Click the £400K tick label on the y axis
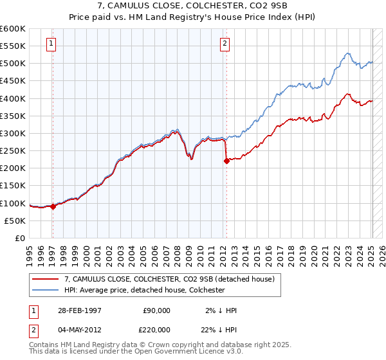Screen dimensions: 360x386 point(13,98)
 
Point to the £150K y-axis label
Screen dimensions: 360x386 point(13,185)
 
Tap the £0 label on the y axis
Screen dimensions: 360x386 point(19,238)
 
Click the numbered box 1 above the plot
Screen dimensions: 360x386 point(51,44)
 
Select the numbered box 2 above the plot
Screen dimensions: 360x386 point(225,44)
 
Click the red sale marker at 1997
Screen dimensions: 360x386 point(53,206)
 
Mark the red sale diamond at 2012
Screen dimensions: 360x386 point(226,161)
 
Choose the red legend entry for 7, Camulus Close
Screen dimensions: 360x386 point(170,279)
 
